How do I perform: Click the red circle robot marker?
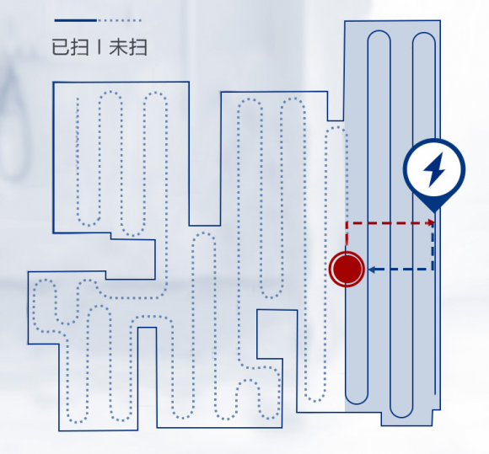(347, 269)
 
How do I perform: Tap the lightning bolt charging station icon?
(434, 170)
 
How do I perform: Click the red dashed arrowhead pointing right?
(432, 223)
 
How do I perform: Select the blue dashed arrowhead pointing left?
(372, 270)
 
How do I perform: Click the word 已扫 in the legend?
(70, 47)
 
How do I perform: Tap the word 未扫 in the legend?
(128, 47)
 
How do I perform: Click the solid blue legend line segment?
(76, 20)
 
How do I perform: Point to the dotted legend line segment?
(120, 20)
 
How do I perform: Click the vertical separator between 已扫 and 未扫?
(99, 47)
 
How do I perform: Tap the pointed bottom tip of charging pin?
(434, 212)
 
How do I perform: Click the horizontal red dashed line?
(390, 223)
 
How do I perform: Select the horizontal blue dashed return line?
(401, 270)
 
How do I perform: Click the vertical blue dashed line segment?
(433, 246)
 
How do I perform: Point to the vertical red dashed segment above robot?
(347, 237)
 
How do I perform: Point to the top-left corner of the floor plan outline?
(53, 83)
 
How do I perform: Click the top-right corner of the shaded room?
(440, 20)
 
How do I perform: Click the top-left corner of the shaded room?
(345, 21)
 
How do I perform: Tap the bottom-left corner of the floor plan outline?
(59, 430)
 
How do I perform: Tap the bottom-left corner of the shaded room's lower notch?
(381, 425)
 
